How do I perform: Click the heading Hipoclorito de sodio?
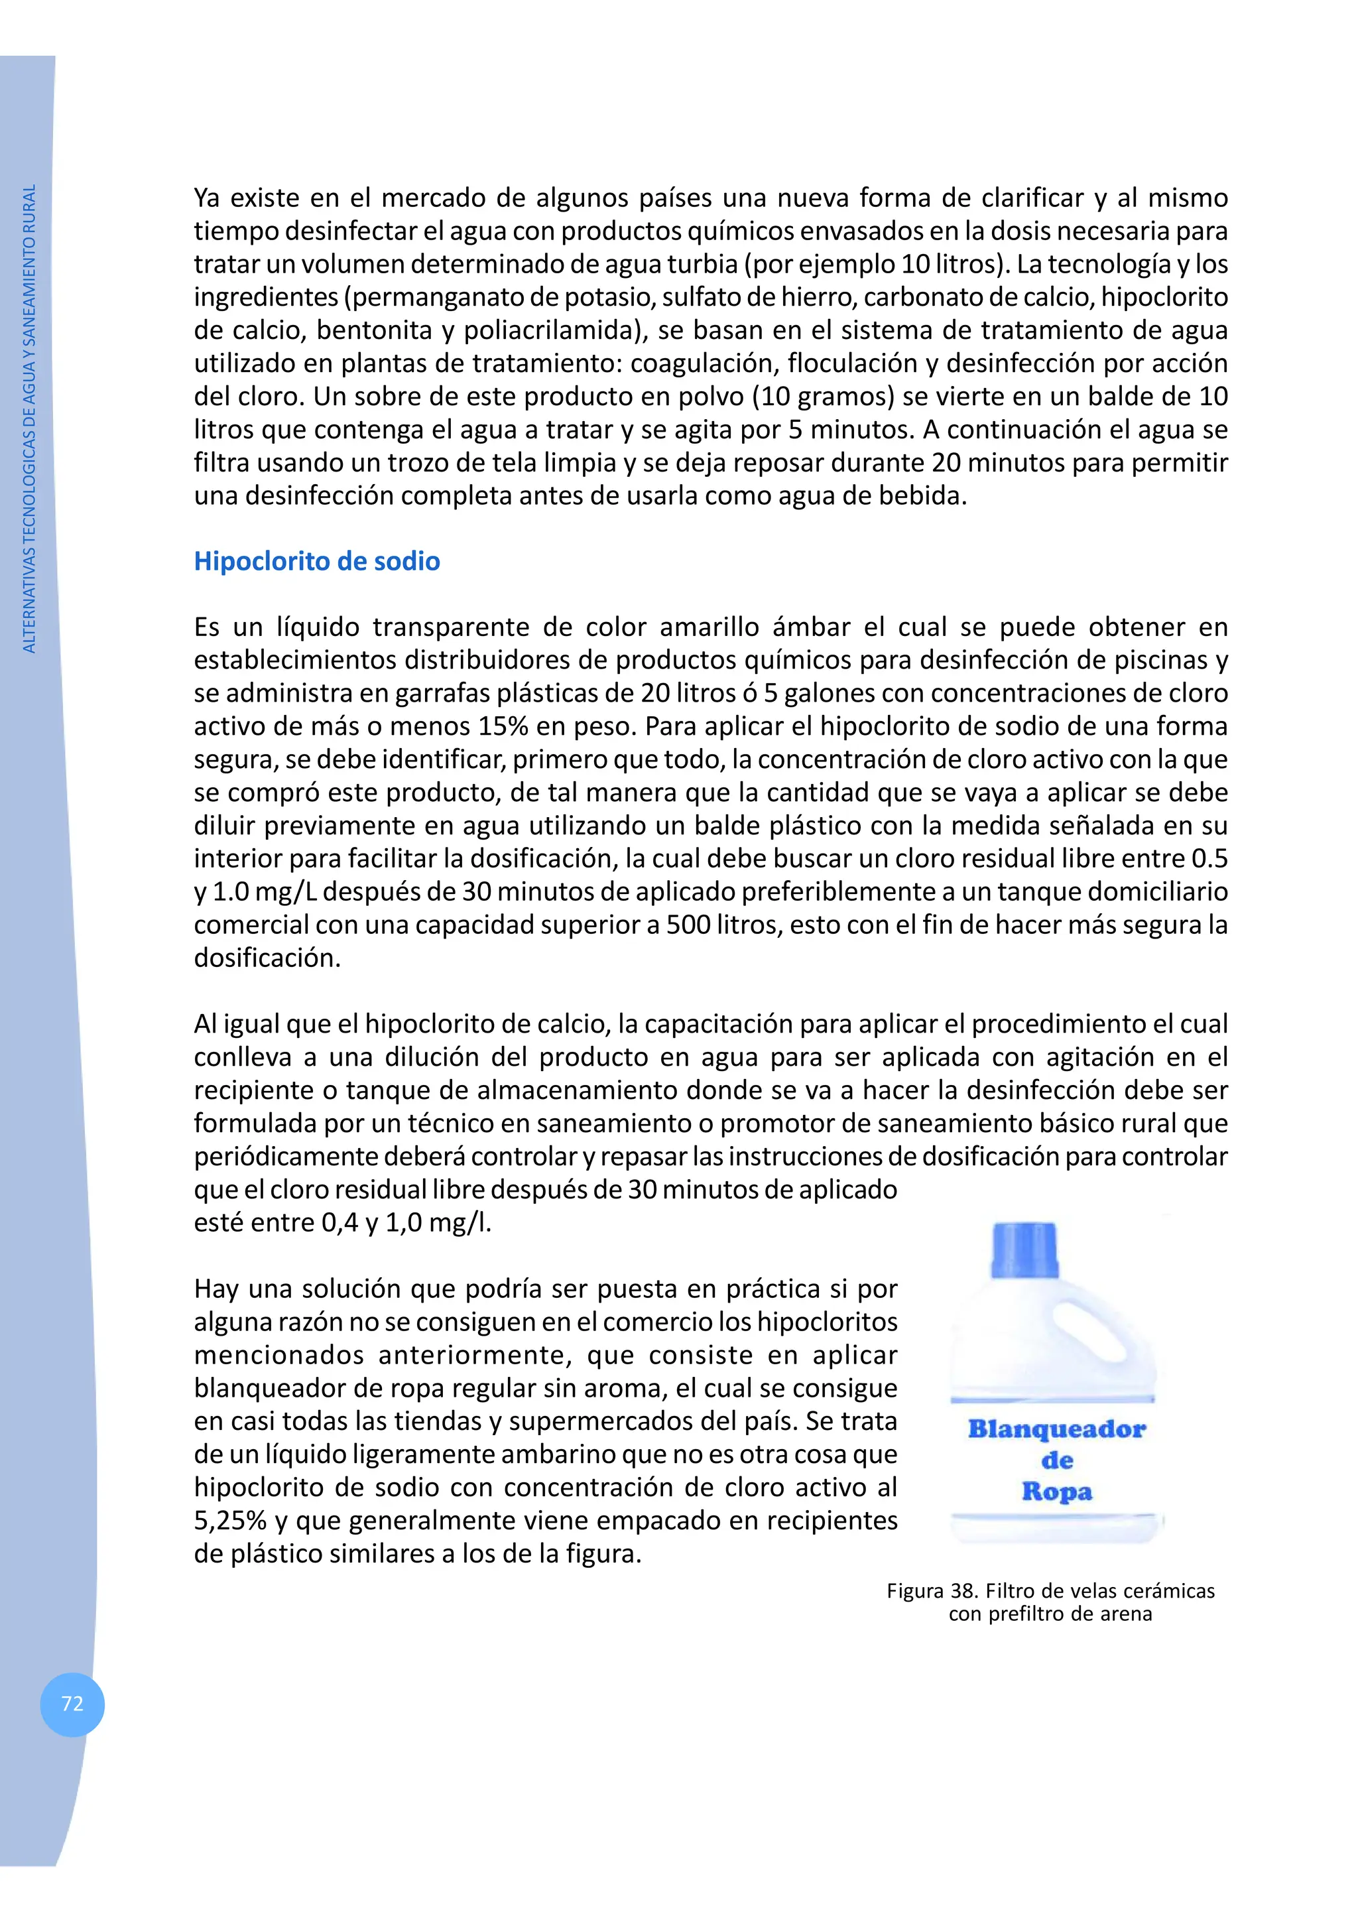[316, 561]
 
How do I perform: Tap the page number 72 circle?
[73, 1704]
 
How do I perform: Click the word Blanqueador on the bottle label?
[1056, 1429]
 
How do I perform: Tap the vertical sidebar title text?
[30, 418]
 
